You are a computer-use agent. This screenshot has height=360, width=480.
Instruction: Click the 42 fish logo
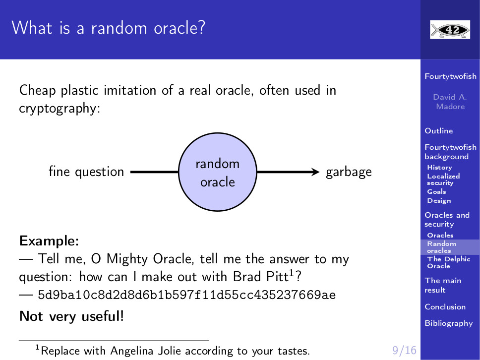(x=450, y=30)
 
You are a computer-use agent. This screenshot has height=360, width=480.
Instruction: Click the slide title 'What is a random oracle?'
(x=108, y=28)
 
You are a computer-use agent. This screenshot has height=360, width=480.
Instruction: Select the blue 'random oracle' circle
(x=217, y=172)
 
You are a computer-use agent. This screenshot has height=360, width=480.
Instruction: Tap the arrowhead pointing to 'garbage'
(x=315, y=172)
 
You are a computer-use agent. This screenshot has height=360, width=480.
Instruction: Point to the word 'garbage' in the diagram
(x=349, y=172)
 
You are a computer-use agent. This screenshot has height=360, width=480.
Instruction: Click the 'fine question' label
(x=86, y=172)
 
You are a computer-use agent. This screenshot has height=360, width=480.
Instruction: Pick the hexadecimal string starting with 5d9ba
(x=187, y=295)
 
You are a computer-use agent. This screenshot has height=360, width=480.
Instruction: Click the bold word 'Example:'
(x=49, y=241)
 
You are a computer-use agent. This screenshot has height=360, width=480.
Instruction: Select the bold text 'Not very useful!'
(x=71, y=316)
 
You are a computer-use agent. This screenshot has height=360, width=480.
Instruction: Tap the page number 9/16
(x=405, y=350)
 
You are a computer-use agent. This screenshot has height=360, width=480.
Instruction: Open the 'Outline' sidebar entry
(x=439, y=131)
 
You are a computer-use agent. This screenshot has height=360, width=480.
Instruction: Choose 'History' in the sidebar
(x=440, y=168)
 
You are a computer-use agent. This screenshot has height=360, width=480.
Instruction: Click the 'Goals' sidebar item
(x=436, y=191)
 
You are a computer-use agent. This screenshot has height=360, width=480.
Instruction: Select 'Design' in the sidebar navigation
(x=439, y=201)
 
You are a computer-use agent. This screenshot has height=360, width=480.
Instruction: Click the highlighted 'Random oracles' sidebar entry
(x=442, y=247)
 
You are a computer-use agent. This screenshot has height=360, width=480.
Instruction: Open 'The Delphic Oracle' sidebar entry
(x=449, y=262)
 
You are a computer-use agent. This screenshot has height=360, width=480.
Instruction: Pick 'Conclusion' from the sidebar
(x=445, y=307)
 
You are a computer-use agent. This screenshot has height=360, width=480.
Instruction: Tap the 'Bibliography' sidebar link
(x=449, y=323)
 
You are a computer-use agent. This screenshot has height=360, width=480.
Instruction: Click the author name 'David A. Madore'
(x=450, y=102)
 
